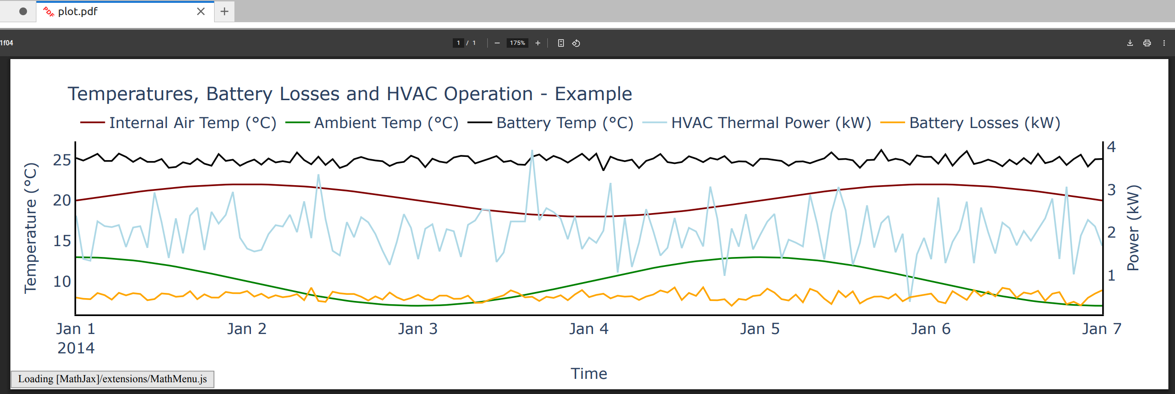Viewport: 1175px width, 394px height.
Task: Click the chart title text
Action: tap(350, 94)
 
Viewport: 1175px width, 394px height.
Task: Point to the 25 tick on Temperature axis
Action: tap(62, 160)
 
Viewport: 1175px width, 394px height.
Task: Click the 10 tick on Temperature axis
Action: tap(62, 282)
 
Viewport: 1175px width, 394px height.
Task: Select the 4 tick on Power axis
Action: tap(1111, 147)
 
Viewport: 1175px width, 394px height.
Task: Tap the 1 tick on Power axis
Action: tap(1111, 275)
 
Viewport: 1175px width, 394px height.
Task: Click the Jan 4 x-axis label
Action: tap(588, 329)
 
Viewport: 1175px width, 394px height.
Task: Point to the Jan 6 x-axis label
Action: tap(931, 329)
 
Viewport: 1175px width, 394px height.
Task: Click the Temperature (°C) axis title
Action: tap(30, 228)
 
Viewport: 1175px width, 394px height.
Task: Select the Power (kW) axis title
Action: tap(1133, 228)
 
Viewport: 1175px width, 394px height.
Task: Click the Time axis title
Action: tap(588, 374)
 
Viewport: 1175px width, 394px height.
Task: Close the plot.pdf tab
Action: tap(201, 11)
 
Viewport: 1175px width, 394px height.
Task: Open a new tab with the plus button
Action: tap(225, 11)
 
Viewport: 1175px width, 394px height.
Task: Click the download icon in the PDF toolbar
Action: tap(1130, 43)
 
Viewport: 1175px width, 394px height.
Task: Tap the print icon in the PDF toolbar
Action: tap(1147, 43)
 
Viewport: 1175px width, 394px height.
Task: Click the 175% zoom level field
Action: tap(517, 43)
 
